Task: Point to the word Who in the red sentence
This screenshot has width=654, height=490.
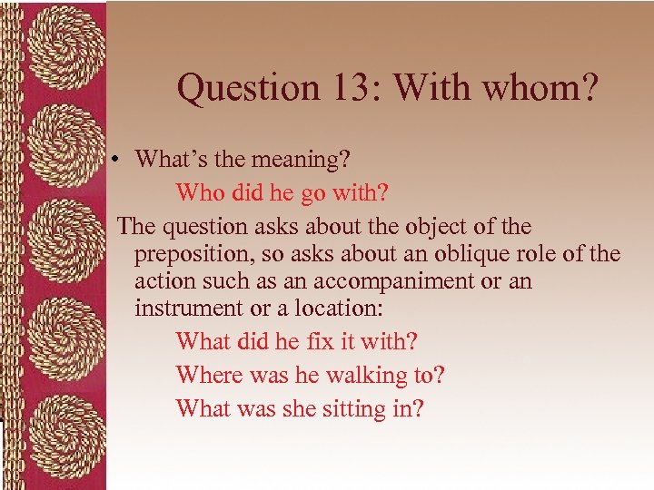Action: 200,191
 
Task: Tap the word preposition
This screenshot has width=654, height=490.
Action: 193,255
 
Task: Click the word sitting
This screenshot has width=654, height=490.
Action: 352,408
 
